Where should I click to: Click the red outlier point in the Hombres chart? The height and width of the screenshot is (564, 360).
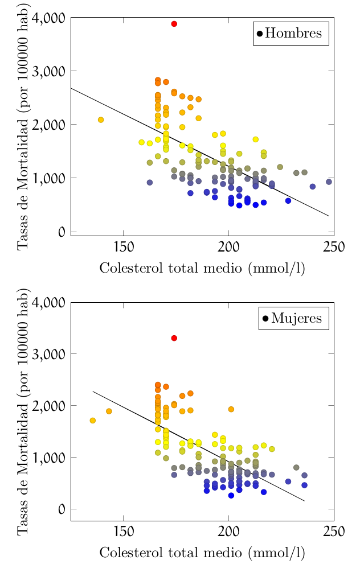point(174,24)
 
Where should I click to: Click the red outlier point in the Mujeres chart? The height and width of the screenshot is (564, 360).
point(174,338)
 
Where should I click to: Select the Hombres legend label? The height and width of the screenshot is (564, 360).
point(293,33)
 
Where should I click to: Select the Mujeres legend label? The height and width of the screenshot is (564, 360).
point(297,318)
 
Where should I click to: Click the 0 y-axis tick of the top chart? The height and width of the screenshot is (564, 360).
point(59,232)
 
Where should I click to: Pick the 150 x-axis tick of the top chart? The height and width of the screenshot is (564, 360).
point(123,247)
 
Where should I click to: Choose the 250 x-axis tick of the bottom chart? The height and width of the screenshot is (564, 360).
point(334,532)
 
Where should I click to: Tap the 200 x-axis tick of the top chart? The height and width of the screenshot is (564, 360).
point(228,247)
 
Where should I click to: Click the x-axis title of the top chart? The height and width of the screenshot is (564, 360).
point(202,268)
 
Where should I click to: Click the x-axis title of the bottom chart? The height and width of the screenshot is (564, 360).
point(202,553)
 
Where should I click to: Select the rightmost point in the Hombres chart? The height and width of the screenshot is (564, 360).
point(329,182)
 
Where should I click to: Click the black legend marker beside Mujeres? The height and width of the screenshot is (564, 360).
point(265,318)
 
